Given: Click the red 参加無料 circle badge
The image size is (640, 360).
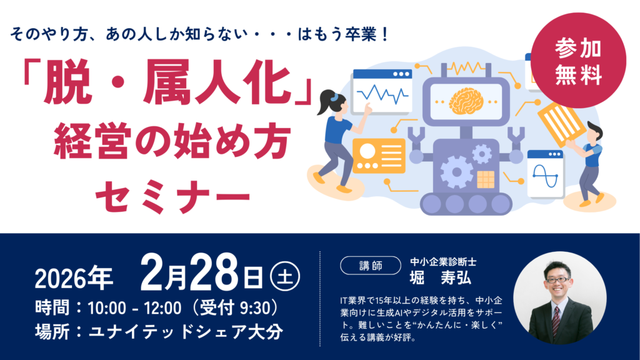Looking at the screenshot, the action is [578, 61].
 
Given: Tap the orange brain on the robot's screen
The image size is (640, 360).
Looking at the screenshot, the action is [466, 101].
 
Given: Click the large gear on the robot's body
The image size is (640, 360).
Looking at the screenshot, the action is [457, 172].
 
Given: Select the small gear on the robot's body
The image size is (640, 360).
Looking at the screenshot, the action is [482, 154].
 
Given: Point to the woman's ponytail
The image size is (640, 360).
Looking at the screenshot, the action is [326, 101].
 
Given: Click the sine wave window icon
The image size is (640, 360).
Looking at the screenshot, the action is [545, 174].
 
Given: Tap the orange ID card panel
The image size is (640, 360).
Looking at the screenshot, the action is [378, 156].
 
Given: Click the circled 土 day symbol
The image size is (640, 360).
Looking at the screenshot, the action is [285, 276].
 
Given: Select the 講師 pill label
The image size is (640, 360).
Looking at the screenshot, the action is [371, 266].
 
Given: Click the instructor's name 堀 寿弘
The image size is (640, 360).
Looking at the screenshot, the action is [440, 278].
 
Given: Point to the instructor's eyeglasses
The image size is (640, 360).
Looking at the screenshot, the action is [557, 280].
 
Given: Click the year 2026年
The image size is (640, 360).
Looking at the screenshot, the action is [74, 278].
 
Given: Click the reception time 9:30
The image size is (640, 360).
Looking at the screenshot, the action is [255, 307].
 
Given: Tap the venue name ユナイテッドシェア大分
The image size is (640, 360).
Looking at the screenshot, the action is [186, 331].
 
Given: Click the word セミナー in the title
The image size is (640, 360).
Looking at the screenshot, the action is [172, 197].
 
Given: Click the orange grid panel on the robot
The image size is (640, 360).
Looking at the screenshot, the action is [486, 179].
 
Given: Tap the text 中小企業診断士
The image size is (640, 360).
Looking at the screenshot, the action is [443, 261].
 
